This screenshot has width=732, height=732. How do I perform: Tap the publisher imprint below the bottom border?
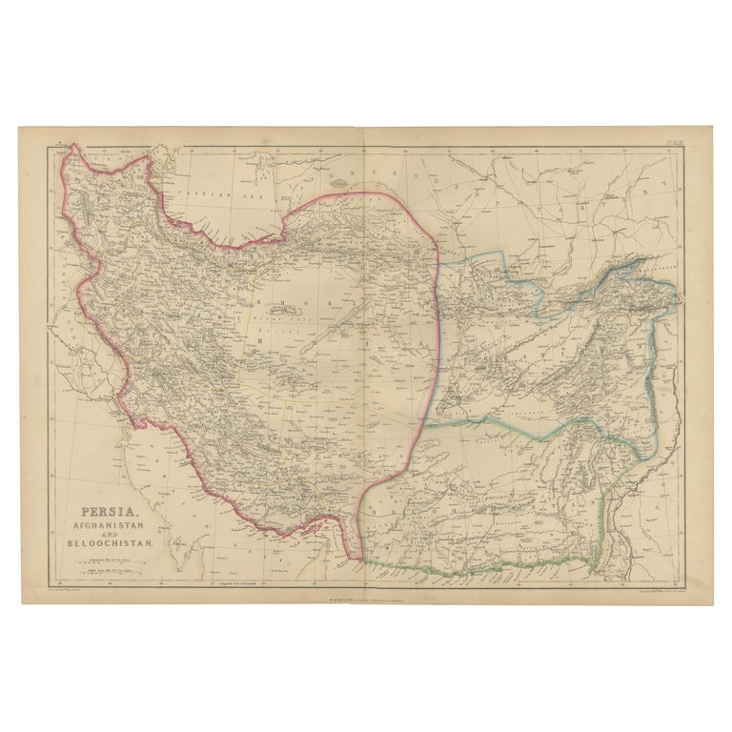pos(366,597)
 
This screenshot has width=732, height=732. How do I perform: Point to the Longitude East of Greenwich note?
pos(240,580)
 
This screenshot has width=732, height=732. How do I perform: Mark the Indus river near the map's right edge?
pos(620,534)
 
